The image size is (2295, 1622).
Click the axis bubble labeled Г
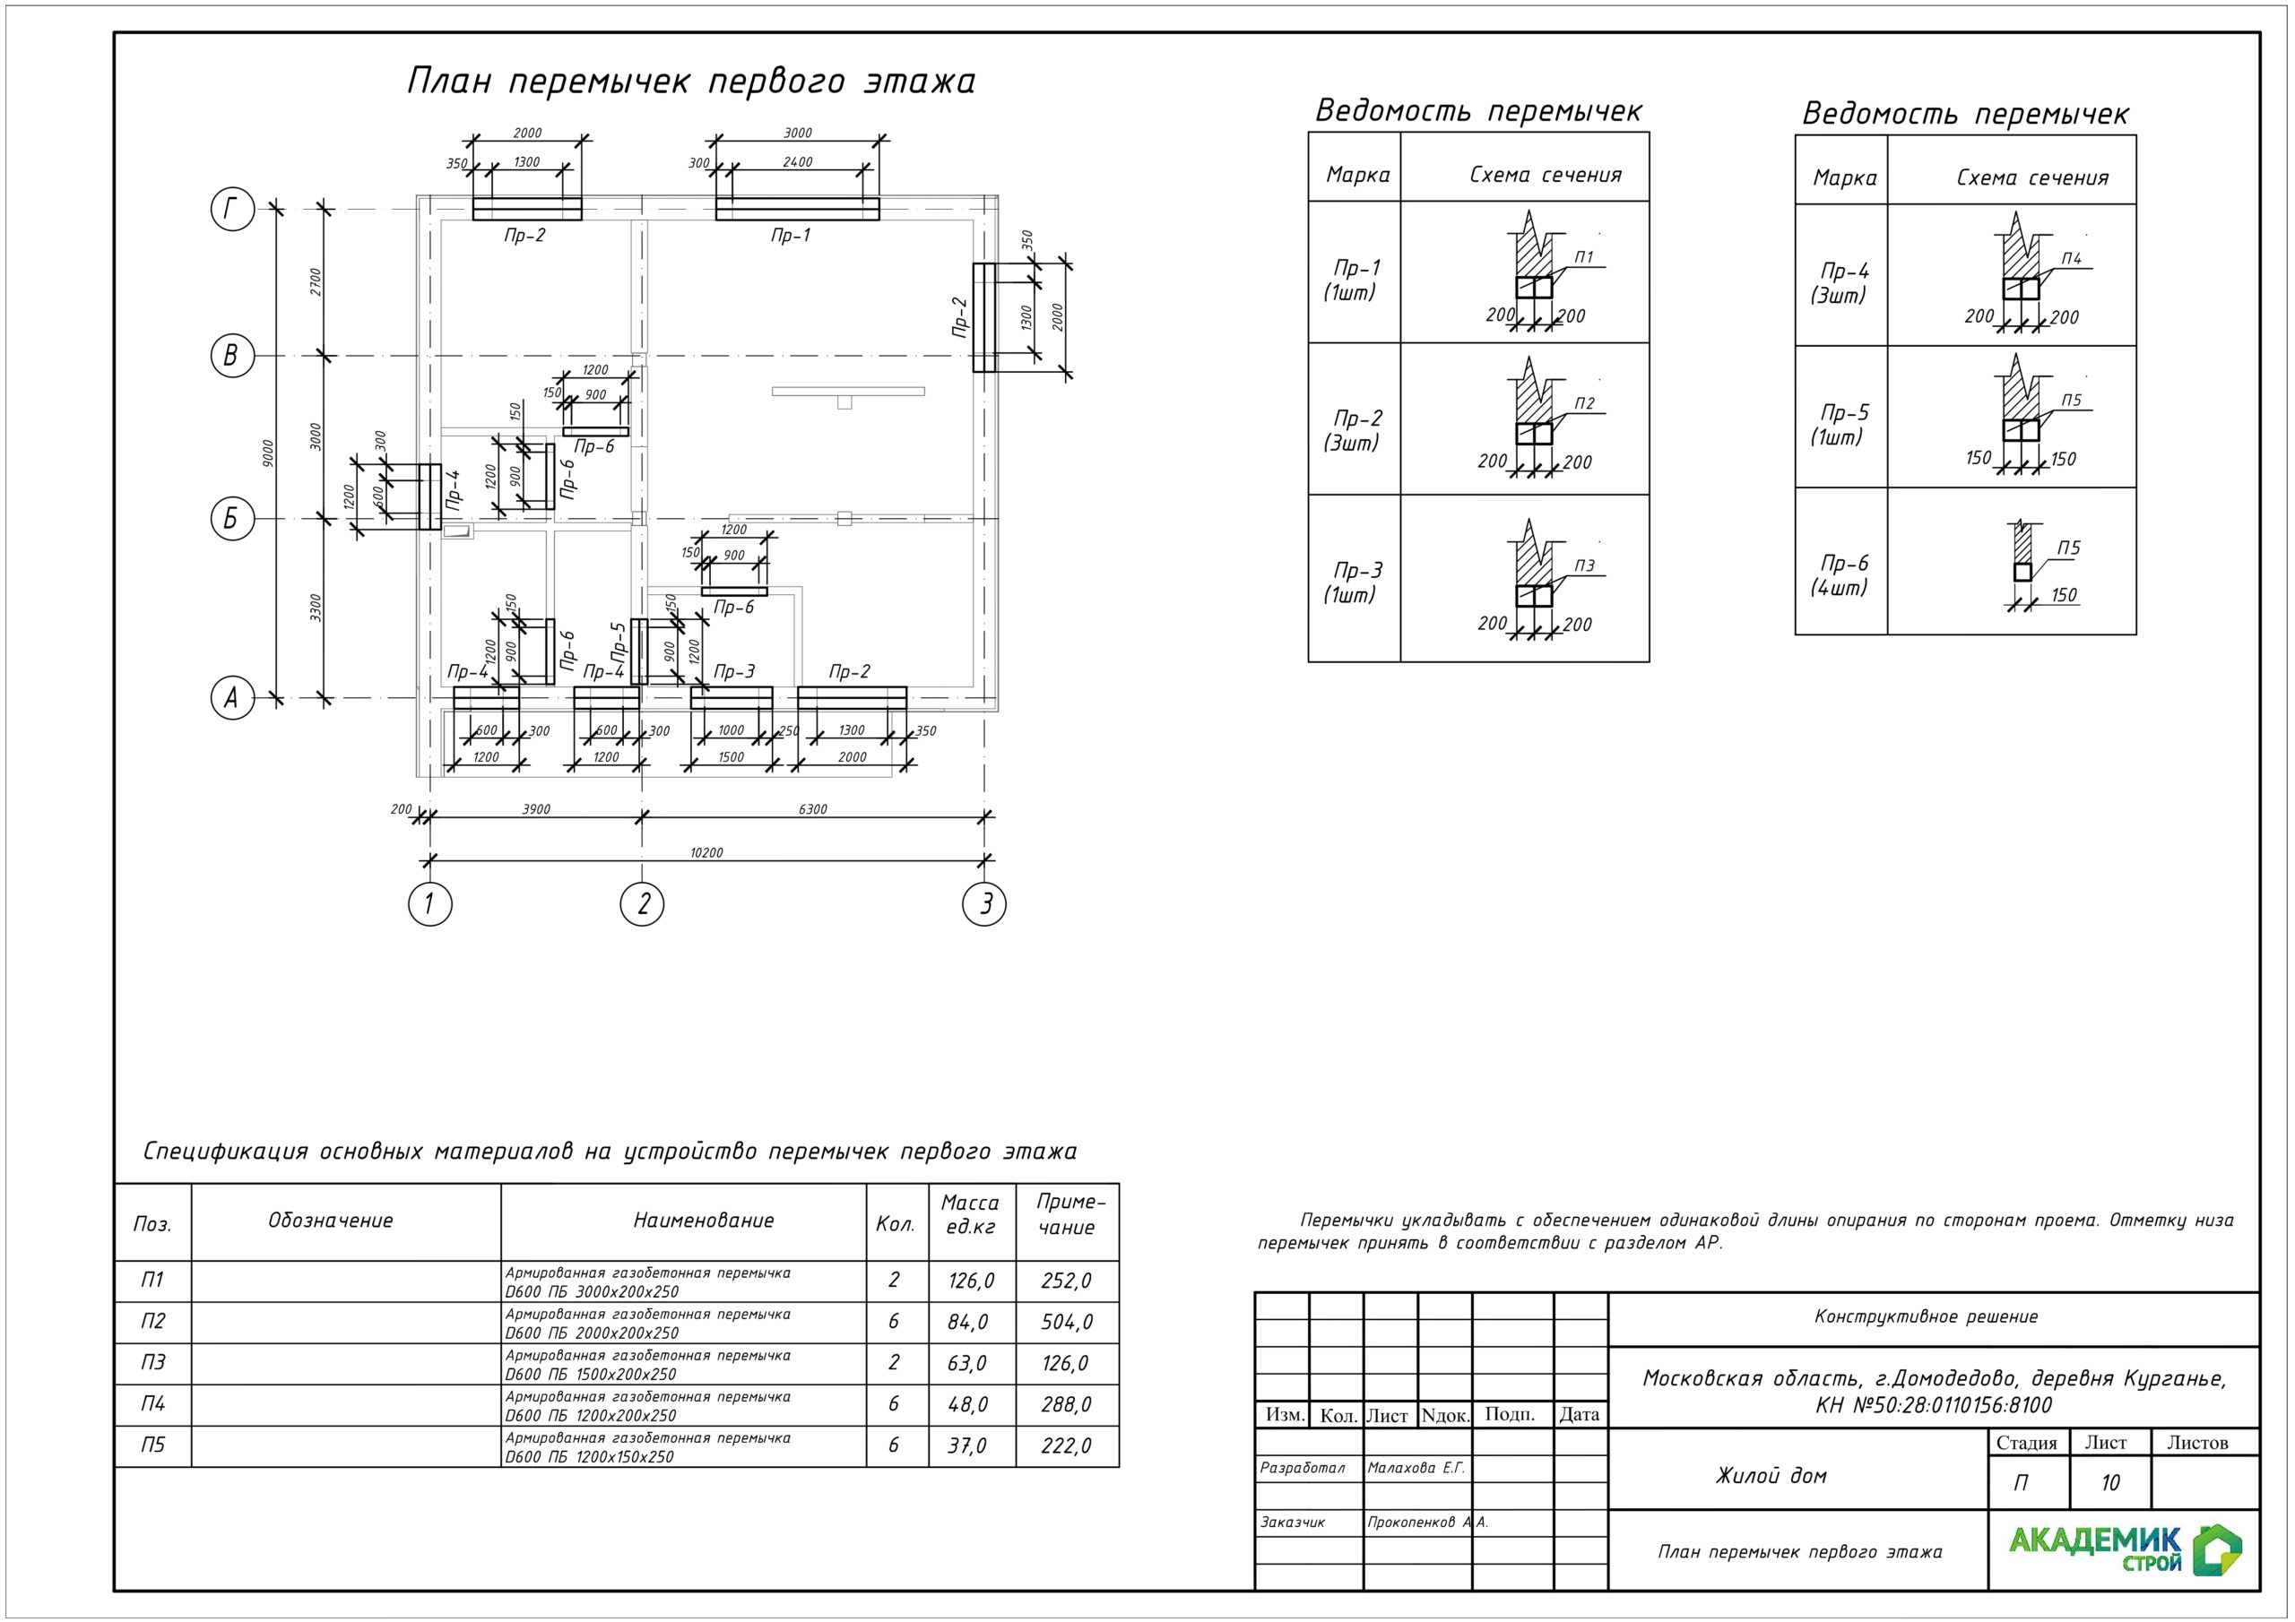(x=232, y=210)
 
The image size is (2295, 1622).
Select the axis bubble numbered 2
(x=643, y=903)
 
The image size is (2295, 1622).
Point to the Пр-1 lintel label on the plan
(x=791, y=236)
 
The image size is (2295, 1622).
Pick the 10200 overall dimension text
(x=706, y=852)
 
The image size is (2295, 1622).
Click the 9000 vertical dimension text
(x=267, y=453)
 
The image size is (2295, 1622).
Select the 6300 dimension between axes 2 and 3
(x=812, y=809)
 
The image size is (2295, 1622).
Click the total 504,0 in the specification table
(x=1067, y=1322)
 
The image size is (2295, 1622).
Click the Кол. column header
(x=896, y=1224)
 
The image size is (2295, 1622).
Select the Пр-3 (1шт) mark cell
(x=1354, y=582)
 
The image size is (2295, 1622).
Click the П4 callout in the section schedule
(x=2071, y=259)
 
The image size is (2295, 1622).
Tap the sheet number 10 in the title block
(x=2110, y=1483)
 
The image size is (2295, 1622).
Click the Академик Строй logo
(x=2125, y=1550)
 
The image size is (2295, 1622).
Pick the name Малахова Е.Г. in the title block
(x=1416, y=1468)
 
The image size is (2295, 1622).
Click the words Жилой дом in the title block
(x=1771, y=1476)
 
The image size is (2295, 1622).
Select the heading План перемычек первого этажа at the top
(x=690, y=81)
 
